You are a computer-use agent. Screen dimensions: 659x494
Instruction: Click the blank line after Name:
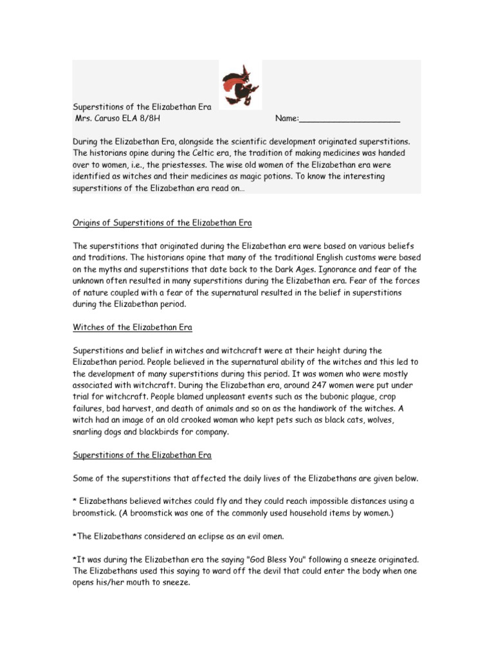350,119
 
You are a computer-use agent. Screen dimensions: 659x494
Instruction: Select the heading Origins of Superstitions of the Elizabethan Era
161,223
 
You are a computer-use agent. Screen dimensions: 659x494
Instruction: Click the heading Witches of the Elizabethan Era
132,328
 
